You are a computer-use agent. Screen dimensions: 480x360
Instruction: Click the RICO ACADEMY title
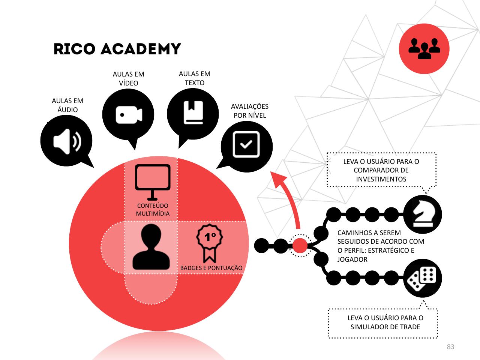(117, 49)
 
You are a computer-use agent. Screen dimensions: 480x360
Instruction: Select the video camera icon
(129, 115)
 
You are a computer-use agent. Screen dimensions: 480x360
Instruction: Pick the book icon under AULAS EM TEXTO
(193, 112)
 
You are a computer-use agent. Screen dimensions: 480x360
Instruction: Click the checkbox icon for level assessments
(246, 144)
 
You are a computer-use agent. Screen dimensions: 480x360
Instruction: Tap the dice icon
(421, 279)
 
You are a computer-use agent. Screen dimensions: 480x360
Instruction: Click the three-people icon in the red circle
(424, 48)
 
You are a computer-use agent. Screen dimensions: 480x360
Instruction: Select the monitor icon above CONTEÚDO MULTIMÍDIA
(153, 182)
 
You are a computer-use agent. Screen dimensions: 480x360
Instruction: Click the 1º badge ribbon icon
(210, 243)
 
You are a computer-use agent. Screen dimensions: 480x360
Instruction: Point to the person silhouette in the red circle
(151, 247)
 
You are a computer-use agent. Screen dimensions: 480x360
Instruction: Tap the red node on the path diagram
(300, 246)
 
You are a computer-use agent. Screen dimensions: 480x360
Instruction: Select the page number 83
(450, 347)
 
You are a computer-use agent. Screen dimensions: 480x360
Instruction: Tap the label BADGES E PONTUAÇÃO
(211, 268)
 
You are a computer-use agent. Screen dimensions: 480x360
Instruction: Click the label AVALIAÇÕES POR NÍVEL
(250, 111)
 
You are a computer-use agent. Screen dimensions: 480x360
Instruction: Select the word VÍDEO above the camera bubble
(129, 83)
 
